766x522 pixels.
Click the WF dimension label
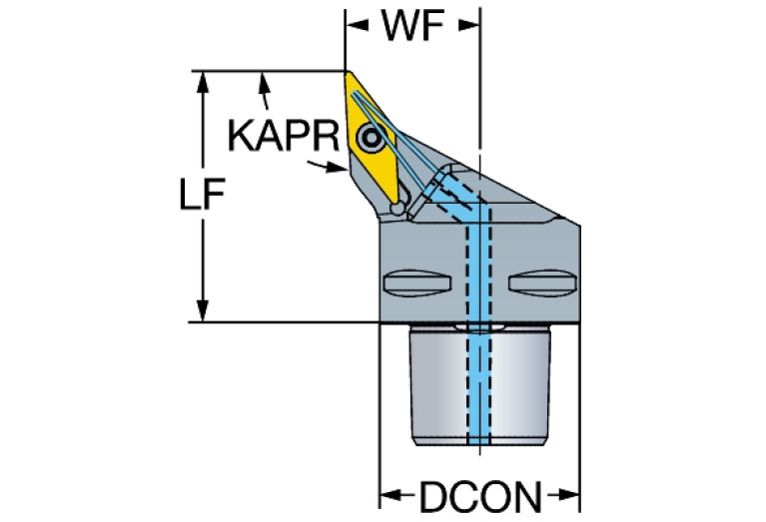[x=412, y=25]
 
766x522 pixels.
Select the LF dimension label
[x=203, y=194]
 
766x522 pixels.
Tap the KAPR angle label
[x=284, y=136]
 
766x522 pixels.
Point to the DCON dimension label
[x=480, y=497]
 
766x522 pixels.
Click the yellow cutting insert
[x=372, y=137]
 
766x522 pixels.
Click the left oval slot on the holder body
[x=416, y=283]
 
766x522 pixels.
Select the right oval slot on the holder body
[x=542, y=283]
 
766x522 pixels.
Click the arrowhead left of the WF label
[x=357, y=25]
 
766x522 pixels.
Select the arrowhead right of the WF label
[x=469, y=25]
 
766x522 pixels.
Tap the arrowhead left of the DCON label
[x=391, y=496]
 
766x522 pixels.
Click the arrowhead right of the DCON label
[x=569, y=496]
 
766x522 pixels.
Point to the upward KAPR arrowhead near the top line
[x=264, y=83]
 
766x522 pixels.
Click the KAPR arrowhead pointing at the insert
[x=338, y=169]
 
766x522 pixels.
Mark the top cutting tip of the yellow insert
[x=347, y=72]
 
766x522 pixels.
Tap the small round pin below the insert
[x=397, y=209]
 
